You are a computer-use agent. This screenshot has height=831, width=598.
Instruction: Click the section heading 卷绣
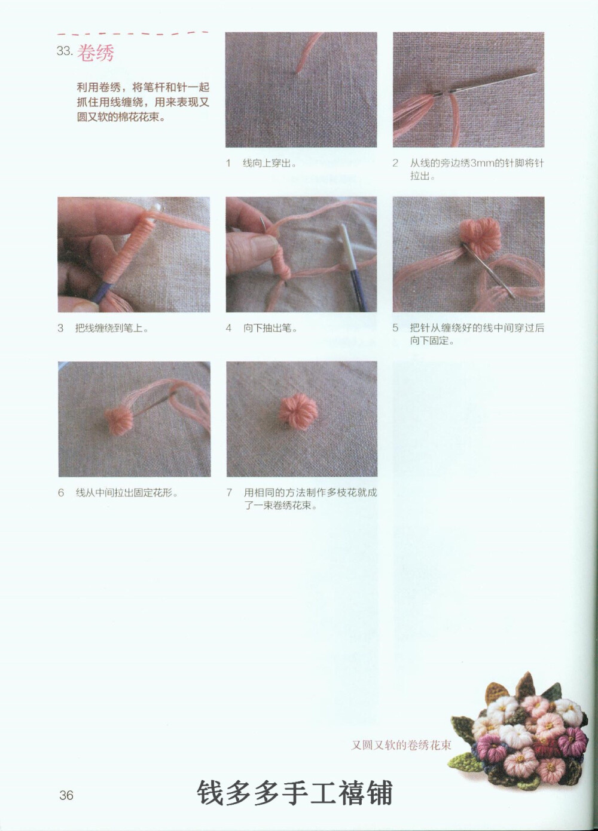(96, 53)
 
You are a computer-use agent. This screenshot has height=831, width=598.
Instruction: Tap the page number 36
(66, 795)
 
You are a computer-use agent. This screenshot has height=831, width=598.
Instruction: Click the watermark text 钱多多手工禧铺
(295, 793)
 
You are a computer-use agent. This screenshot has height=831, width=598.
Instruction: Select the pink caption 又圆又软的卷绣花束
(401, 745)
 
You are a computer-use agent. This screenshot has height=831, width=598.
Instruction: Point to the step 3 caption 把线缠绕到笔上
(111, 328)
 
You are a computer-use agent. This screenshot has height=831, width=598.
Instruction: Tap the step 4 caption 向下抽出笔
(270, 328)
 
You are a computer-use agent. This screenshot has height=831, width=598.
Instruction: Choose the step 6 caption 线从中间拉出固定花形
(127, 493)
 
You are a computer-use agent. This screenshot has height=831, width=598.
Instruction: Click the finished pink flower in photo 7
(297, 412)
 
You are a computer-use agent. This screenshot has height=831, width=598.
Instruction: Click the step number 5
(395, 328)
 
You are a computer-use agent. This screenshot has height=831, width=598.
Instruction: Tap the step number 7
(229, 493)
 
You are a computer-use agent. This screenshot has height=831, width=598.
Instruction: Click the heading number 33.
(64, 51)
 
